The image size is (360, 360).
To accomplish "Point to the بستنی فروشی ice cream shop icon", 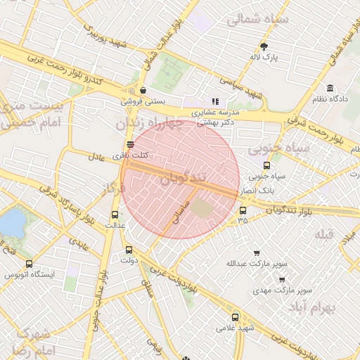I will pos(143,90).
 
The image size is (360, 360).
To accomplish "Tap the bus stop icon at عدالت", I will pos(115,214).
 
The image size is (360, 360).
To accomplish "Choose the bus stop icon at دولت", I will pos(128,249).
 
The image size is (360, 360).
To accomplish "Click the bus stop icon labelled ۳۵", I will pos(243,210).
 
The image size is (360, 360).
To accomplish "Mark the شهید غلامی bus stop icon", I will pos(235,316).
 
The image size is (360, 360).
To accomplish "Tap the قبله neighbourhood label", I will pos(323,234).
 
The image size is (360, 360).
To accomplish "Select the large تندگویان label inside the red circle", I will pos(184,179).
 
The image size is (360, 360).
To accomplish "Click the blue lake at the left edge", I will pos(11,223).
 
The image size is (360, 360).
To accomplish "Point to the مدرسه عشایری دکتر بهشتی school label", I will pos(216,117).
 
